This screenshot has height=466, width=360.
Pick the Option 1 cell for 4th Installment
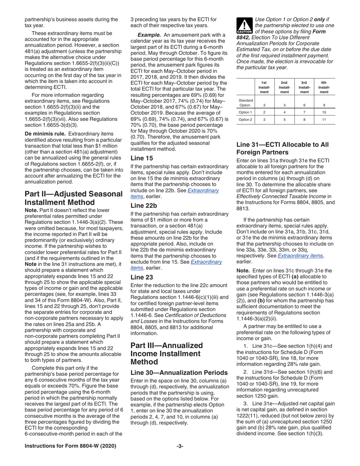[324, 112]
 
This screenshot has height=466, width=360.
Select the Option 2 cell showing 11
[324, 120]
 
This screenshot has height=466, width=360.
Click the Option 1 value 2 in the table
[265, 112]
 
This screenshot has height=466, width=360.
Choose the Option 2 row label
[246, 120]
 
